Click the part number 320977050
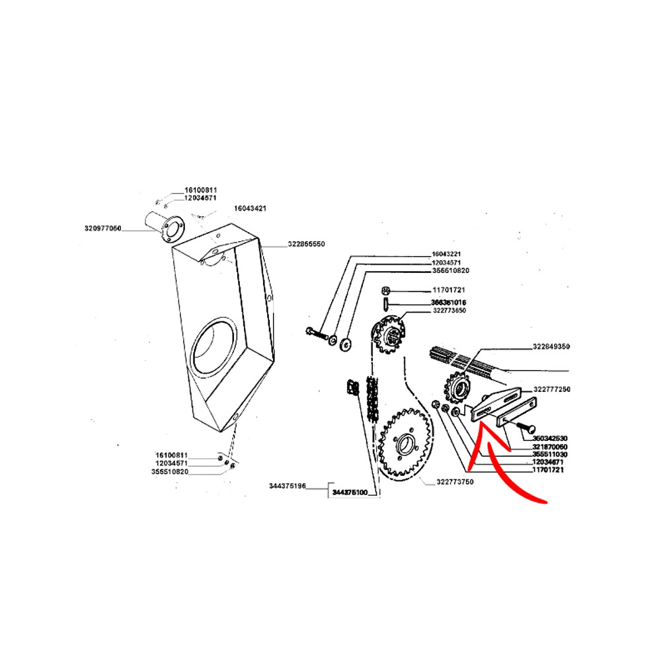tap(103, 229)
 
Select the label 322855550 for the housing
tap(306, 244)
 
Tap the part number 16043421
tap(250, 208)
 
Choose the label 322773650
tap(450, 311)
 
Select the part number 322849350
tap(551, 346)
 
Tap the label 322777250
tap(551, 390)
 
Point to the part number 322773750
tap(455, 483)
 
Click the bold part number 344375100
tap(350, 492)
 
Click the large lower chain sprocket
tap(405, 441)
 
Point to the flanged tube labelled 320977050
tap(162, 224)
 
